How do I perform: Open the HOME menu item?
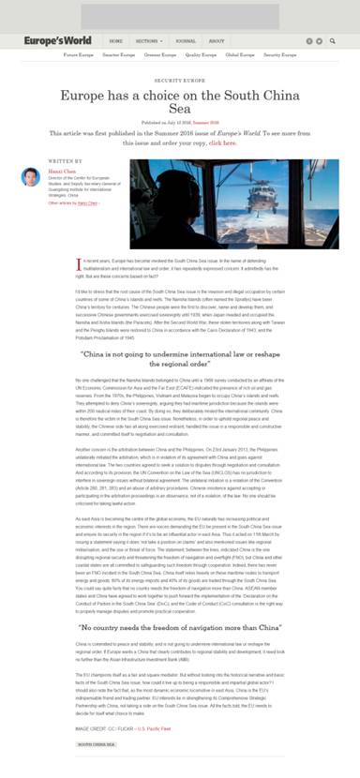pos(116,41)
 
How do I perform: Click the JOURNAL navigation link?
pos(186,41)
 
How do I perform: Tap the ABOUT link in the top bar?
pos(217,41)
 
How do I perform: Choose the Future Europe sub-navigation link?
pos(78,55)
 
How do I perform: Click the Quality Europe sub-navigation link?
pos(201,55)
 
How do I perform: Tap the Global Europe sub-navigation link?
pos(241,55)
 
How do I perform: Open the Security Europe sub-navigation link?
pos(281,55)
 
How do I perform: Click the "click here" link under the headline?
pos(222,143)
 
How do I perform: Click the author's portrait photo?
pos(30,176)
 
